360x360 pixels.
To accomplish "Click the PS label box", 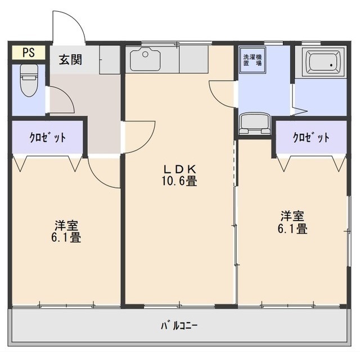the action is coord(29,52).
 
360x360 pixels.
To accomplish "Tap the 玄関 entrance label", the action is coord(70,60).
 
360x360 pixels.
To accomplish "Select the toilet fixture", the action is coord(29,80).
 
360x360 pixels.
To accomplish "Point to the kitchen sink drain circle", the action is coord(145,55).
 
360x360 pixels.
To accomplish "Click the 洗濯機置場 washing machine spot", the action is coord(253,60).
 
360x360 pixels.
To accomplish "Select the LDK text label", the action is coord(179,169).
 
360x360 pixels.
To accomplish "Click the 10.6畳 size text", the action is coord(179,181).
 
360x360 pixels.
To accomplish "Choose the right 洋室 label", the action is coord(292,216).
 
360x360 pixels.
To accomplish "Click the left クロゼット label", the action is coord(48,137).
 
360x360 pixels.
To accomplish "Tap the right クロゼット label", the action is coord(311,137).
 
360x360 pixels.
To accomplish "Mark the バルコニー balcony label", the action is coord(179,326).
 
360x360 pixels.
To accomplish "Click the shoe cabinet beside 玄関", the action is coord(110,60).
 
